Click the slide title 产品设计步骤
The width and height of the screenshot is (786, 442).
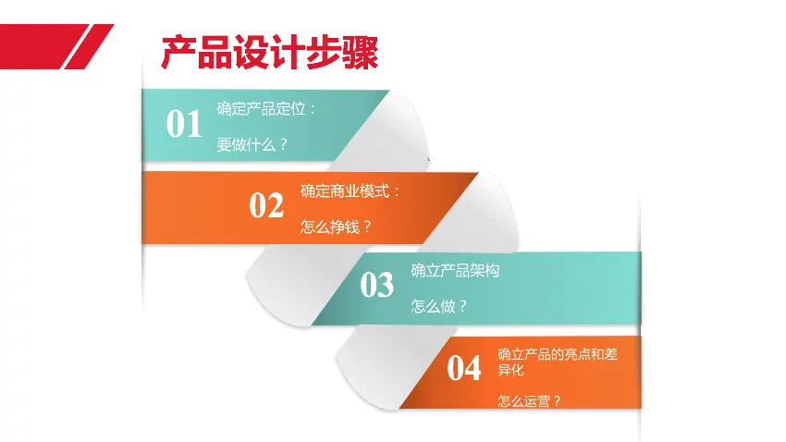coord(270,52)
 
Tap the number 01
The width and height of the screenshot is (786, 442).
coord(184,123)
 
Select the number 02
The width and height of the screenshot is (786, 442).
coord(266,205)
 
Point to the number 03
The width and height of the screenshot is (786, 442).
coord(377,285)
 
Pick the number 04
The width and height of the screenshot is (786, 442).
coord(463,368)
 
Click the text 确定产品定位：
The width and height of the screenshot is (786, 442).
coord(266,109)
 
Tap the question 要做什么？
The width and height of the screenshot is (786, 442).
coord(252,145)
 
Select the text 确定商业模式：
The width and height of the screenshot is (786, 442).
coord(350,190)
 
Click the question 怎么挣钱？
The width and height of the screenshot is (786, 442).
coord(336,227)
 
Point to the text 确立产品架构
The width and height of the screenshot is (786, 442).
coord(455,271)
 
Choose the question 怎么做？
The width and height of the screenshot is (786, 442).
coord(439,306)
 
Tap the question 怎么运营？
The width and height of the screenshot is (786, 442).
coord(529,401)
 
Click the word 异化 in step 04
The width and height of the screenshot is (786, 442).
coord(510,370)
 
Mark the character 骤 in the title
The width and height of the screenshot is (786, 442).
coord(361,52)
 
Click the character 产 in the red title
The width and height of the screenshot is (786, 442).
coord(179,52)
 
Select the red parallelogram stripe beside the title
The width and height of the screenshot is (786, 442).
coord(89,46)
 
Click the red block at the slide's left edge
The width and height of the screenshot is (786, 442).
coord(38,46)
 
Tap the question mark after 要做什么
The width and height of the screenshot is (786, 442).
coord(283,145)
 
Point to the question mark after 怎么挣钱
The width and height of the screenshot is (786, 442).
coord(367,227)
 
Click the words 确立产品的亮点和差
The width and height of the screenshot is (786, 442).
coord(558,354)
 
